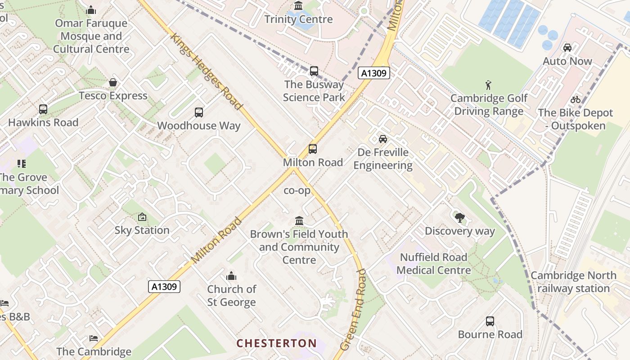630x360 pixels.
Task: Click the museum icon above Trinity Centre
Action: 298,6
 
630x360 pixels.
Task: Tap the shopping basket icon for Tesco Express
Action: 113,82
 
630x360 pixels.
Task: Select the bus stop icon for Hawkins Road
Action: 43,109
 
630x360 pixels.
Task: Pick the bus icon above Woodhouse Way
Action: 198,112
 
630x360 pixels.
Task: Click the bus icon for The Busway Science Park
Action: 314,71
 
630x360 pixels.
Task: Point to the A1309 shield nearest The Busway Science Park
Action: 373,73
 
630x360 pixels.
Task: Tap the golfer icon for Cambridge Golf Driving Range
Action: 488,85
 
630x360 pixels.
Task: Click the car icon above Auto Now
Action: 567,48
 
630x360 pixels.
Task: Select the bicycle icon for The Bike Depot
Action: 575,99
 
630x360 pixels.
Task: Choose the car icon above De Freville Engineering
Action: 382,139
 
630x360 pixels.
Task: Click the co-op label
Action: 297,190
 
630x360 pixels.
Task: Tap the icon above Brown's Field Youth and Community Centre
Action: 299,220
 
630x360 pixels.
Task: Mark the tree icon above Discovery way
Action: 459,218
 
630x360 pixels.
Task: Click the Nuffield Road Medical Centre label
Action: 434,264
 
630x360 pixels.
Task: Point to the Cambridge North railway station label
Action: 573,282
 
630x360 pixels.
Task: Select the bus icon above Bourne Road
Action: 490,321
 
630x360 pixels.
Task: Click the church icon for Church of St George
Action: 231,275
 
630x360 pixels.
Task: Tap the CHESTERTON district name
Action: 277,343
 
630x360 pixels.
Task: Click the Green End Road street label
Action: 354,310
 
